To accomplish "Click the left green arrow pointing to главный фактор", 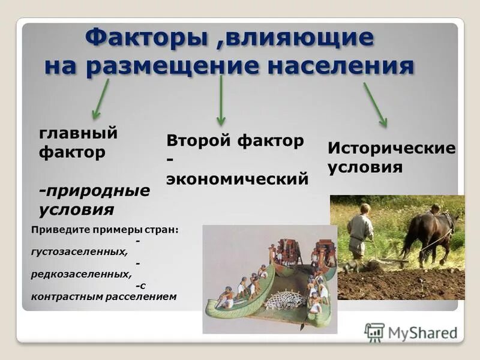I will pyautogui.click(x=100, y=98).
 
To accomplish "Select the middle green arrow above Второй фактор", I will pyautogui.click(x=221, y=100).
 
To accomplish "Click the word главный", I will pyautogui.click(x=79, y=133).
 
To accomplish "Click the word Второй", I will pyautogui.click(x=199, y=142).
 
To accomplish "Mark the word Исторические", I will pyautogui.click(x=391, y=148).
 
